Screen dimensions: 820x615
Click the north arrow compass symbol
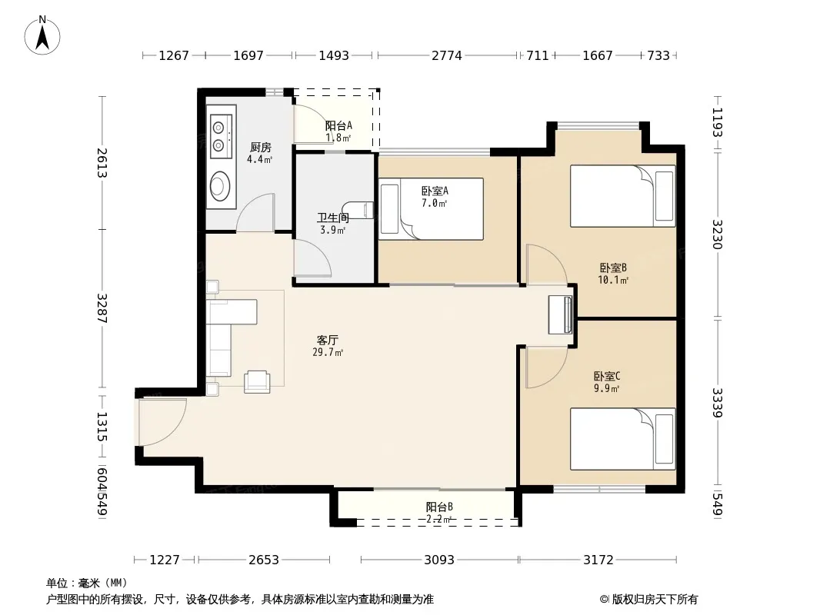[42, 35]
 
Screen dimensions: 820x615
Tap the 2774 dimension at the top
[447, 55]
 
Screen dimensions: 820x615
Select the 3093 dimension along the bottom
[438, 560]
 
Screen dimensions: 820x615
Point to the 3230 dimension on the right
[717, 234]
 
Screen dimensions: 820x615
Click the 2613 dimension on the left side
[102, 163]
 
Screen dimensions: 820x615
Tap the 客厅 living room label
[328, 341]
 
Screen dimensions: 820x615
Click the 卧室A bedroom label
[435, 191]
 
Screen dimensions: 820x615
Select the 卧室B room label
[613, 268]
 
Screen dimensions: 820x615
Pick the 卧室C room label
[607, 376]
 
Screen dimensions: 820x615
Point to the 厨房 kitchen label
[261, 148]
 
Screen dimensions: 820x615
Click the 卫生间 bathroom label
[332, 218]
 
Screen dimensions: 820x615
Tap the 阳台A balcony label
[338, 126]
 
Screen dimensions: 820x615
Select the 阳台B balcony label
[439, 507]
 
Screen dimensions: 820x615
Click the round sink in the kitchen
[220, 185]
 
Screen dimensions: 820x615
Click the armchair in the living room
[257, 381]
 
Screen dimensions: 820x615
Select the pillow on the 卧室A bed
[389, 209]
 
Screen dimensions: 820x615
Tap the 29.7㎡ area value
[328, 353]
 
